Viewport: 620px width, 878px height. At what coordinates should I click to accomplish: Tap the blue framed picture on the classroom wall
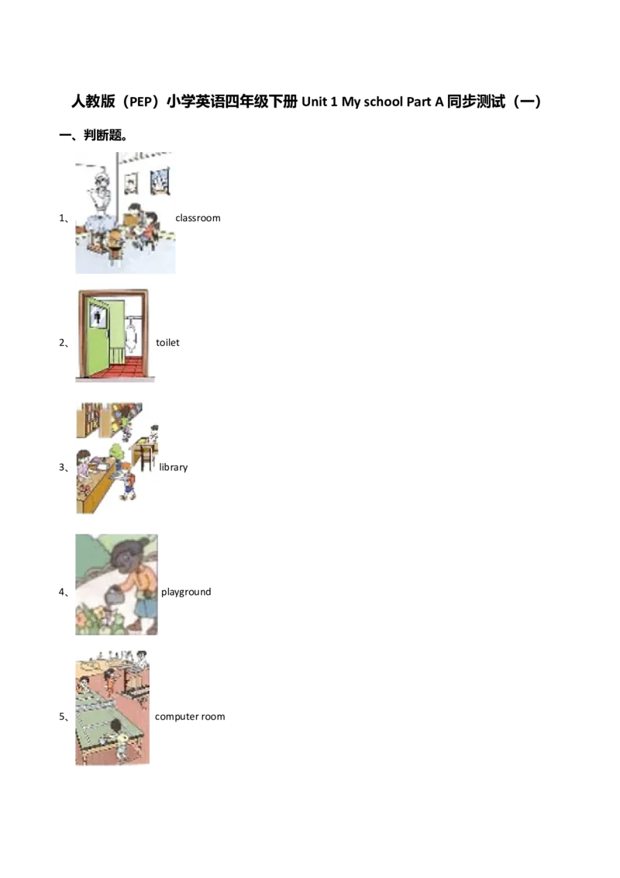tap(160, 181)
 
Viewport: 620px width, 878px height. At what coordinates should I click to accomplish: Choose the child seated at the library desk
tap(153, 434)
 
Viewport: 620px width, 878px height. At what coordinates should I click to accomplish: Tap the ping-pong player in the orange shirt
tap(110, 681)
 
